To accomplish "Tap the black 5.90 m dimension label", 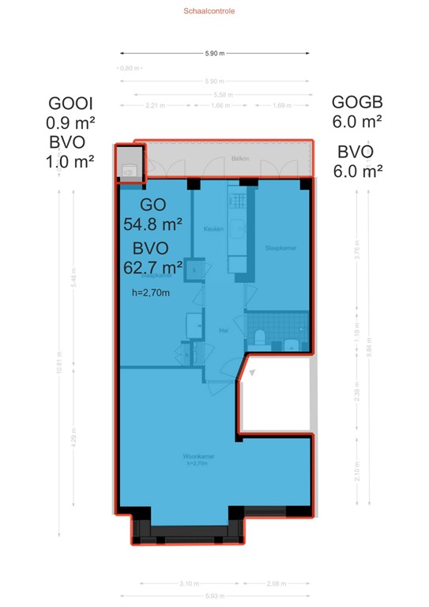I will (214, 54).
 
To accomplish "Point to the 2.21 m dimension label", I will (154, 105).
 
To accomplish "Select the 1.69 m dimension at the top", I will (280, 105).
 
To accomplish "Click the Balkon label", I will (239, 158).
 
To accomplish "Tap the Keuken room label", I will (213, 229).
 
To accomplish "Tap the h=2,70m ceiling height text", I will (151, 292).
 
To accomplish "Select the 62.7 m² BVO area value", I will (153, 266).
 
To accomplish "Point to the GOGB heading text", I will (357, 102).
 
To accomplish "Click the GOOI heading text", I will (71, 104).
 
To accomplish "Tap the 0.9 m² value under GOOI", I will (71, 123).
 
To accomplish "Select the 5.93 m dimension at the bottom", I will (213, 595).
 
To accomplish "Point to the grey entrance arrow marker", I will (252, 375).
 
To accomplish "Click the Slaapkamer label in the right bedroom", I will (281, 247).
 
